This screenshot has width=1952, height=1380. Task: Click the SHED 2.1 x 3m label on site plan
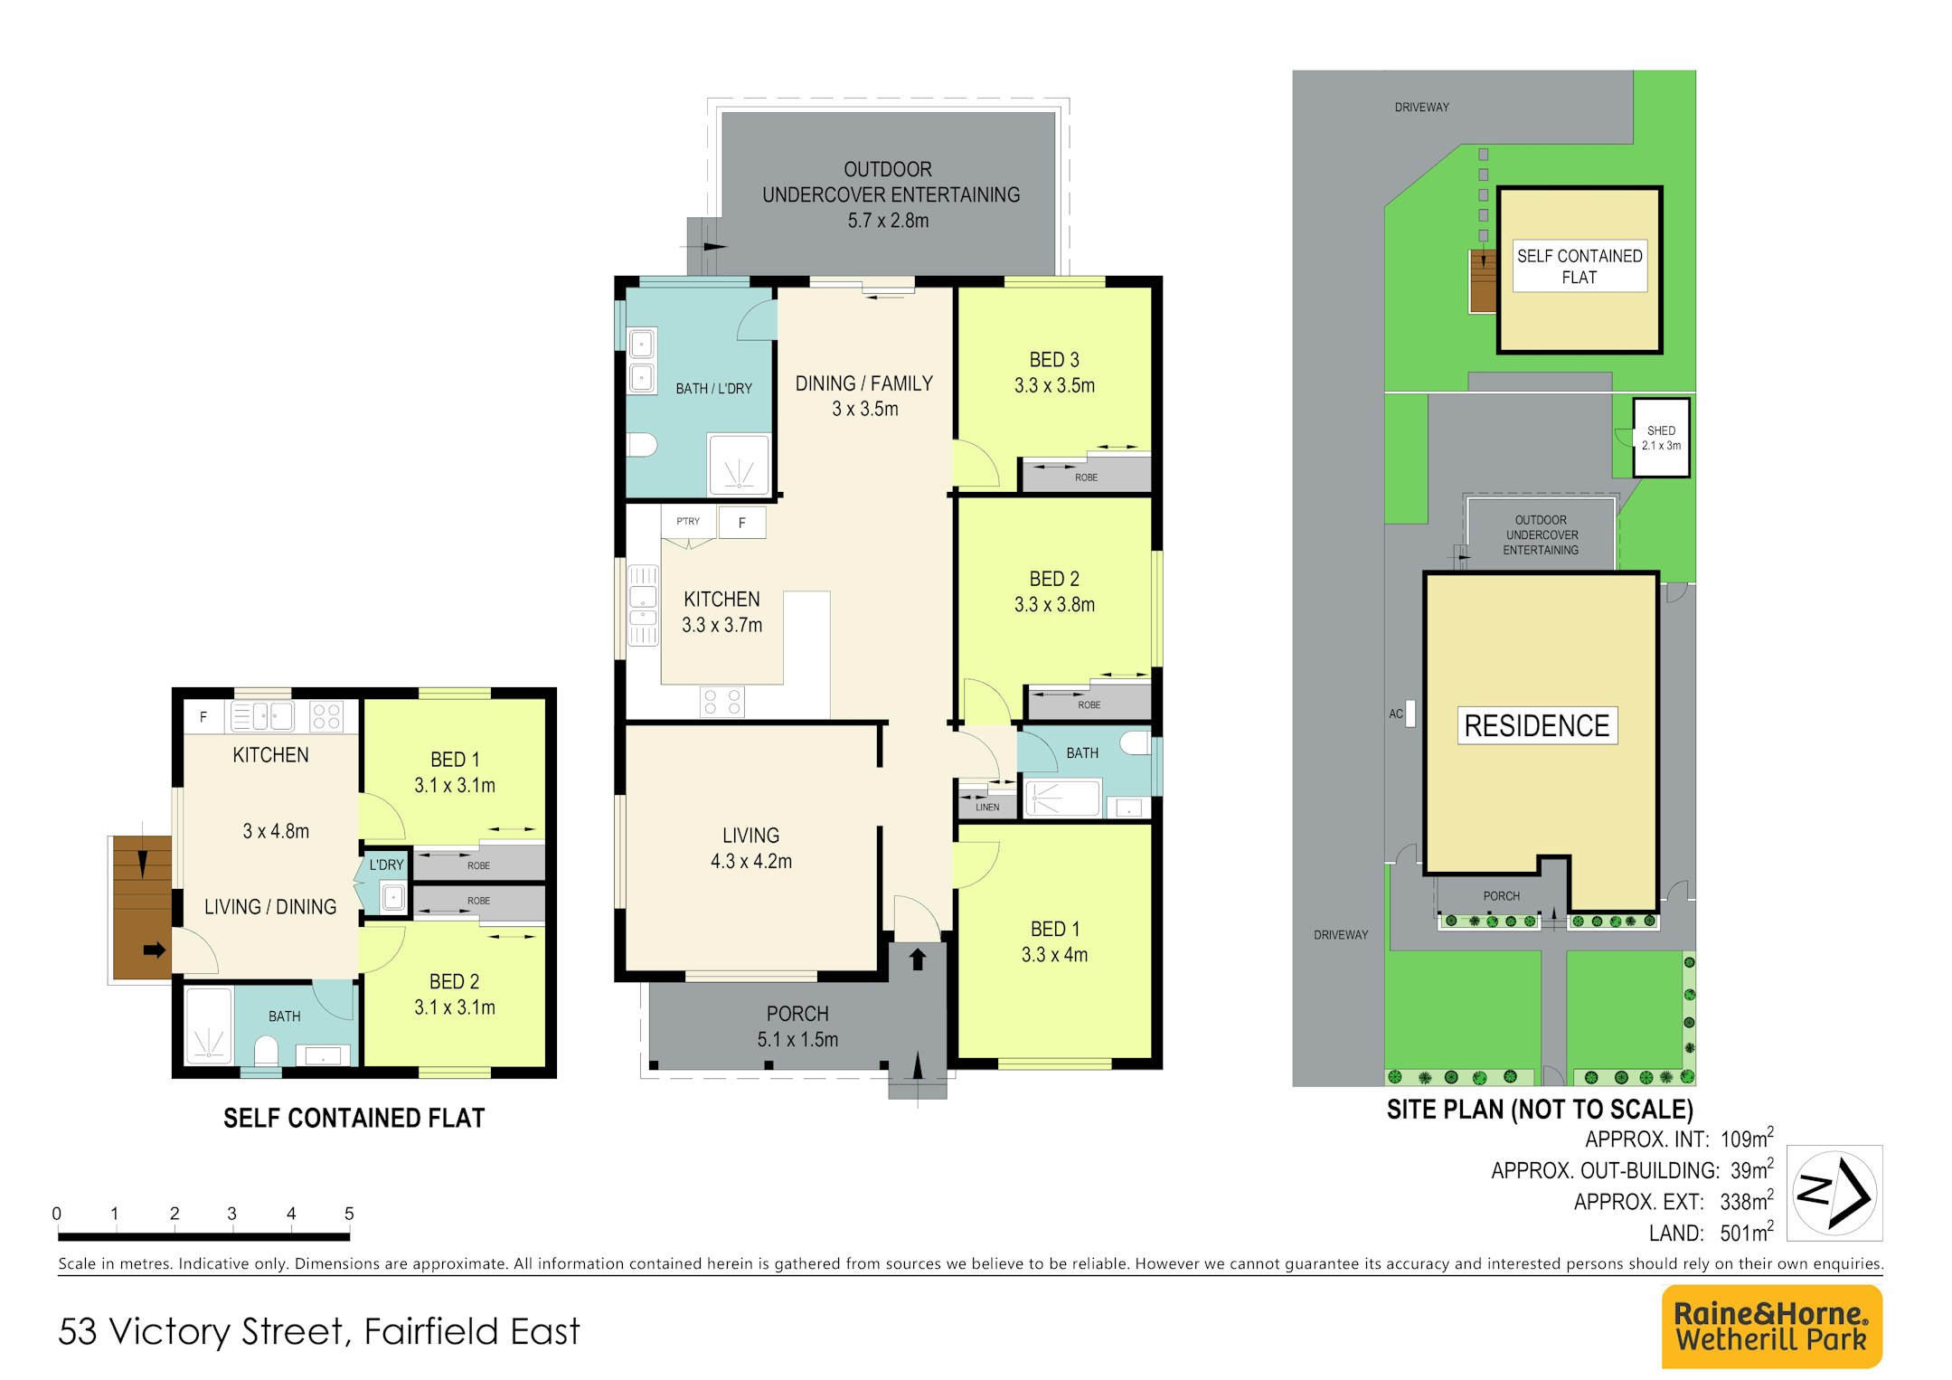tap(1661, 438)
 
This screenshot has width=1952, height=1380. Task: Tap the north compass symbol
tap(1834, 1192)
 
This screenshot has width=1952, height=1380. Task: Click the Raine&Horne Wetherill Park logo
tap(1771, 1327)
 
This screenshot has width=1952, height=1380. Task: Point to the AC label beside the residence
tap(1396, 714)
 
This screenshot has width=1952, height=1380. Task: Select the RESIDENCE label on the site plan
tap(1537, 725)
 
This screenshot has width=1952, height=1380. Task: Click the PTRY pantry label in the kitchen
tap(688, 521)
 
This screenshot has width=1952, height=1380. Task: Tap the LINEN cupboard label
tap(987, 807)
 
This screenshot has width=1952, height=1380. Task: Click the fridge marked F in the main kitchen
tap(742, 523)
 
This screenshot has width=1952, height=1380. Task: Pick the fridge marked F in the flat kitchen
tap(203, 717)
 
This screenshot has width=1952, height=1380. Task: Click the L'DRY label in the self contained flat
tap(386, 865)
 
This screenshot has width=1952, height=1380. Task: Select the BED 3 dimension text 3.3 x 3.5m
tap(1054, 385)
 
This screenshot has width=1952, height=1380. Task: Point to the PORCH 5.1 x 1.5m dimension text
tap(797, 1040)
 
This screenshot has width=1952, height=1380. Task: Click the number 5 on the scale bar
tap(349, 1213)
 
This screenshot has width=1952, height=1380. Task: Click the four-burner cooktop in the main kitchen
tap(721, 703)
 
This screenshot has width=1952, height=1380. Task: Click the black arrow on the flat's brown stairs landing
tap(155, 950)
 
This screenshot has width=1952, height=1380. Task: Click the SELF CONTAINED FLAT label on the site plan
tap(1580, 266)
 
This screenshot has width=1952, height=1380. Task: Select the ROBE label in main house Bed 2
tap(1089, 704)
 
